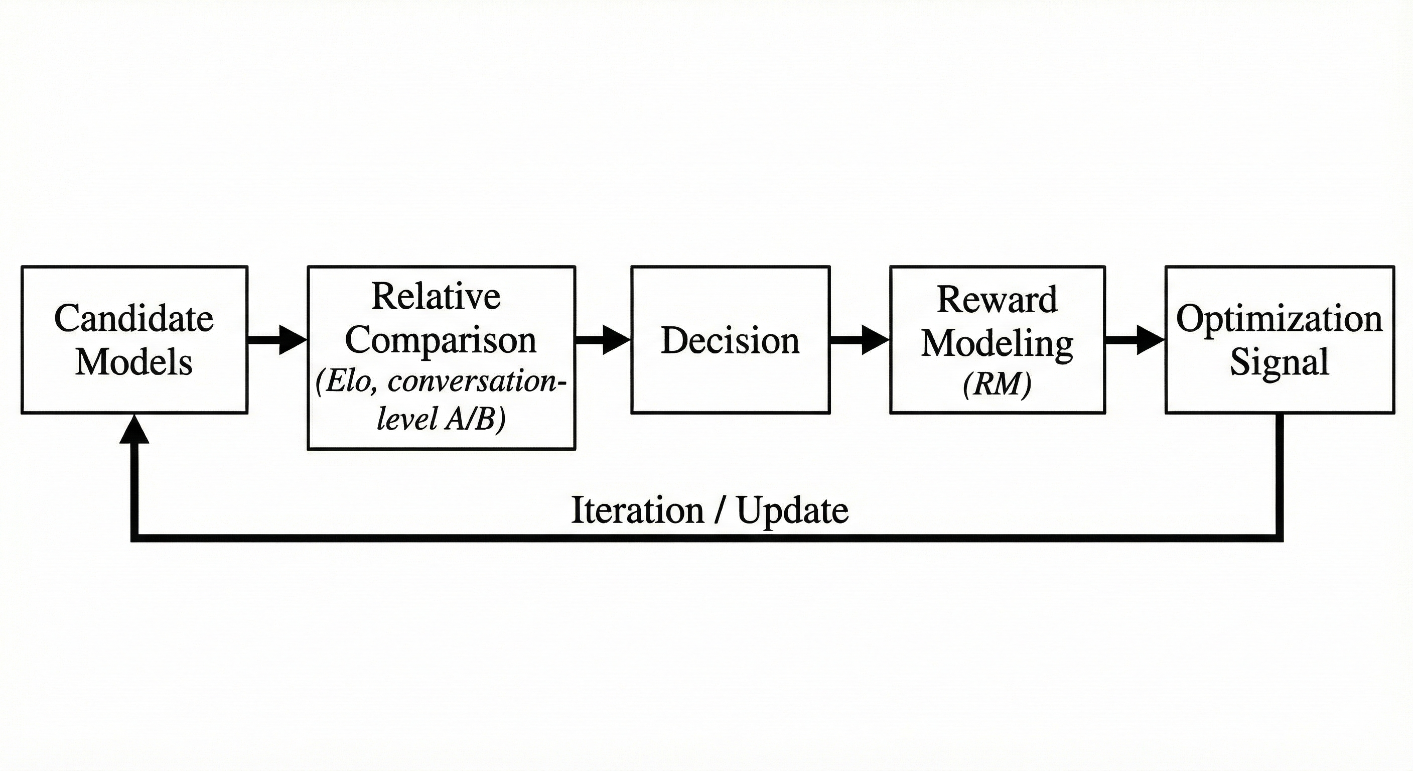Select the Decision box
(x=730, y=340)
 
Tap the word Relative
(x=436, y=296)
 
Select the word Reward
(x=997, y=300)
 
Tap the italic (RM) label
(x=997, y=384)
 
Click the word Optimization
(x=1279, y=318)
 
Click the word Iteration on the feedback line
(x=637, y=510)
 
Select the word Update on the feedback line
(x=792, y=510)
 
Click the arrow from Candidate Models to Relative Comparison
(x=276, y=340)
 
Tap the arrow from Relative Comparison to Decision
(x=602, y=340)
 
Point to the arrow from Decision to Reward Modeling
(x=859, y=340)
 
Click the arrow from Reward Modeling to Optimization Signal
(x=1135, y=340)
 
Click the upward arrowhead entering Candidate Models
(x=134, y=429)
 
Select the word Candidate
(x=134, y=318)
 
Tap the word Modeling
(x=997, y=343)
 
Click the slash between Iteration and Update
(x=719, y=510)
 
